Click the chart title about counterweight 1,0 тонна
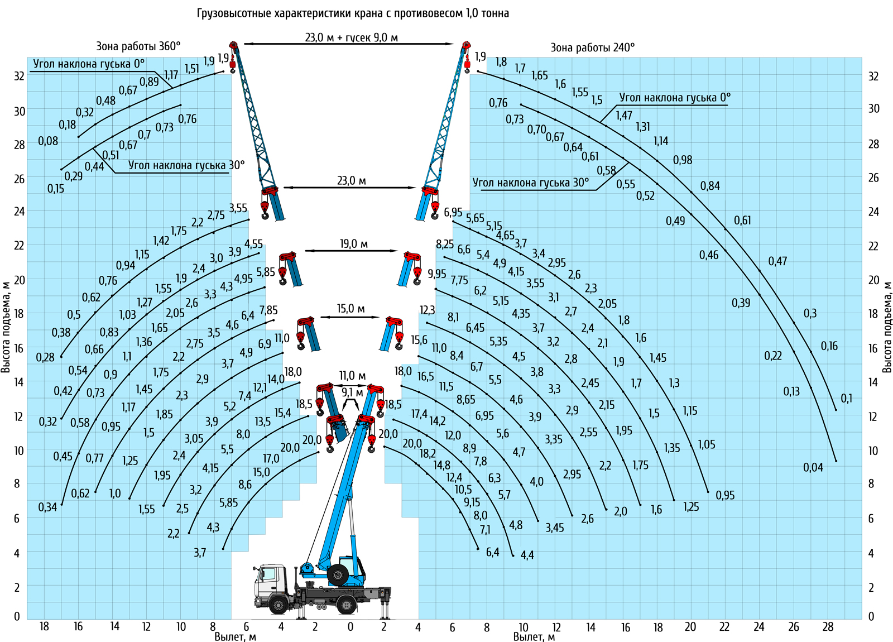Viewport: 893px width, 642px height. point(353,13)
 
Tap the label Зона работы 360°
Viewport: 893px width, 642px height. point(138,46)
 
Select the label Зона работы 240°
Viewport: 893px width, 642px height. point(592,47)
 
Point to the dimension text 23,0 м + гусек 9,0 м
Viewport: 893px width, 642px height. point(351,37)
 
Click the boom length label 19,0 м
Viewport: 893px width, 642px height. point(354,243)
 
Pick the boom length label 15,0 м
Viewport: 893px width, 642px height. point(351,309)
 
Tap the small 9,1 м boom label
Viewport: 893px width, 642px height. point(352,393)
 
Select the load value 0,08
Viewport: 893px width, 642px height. point(48,141)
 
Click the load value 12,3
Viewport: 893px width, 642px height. point(428,310)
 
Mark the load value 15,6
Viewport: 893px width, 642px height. point(419,340)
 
